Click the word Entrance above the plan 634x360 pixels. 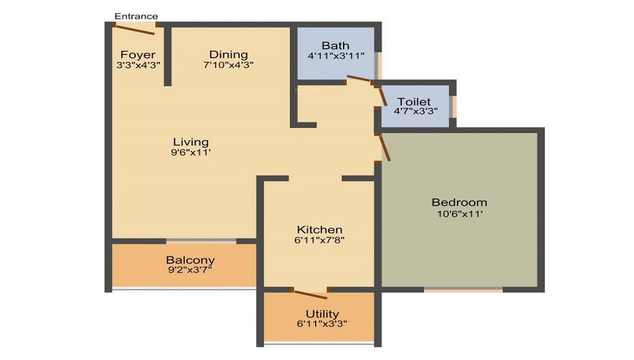pos(136,16)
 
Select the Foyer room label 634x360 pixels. pos(138,55)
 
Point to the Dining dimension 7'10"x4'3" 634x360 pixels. pos(228,65)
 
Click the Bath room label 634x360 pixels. pos(335,46)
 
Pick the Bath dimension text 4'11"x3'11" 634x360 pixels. pos(335,56)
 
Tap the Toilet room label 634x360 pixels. pos(413,101)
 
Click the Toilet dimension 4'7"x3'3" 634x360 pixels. pos(416,111)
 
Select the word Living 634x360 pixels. pos(191,142)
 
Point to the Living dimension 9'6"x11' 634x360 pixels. pos(191,153)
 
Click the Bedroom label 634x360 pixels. pos(459,202)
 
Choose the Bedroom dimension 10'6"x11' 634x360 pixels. pos(460,214)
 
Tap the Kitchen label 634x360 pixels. pos(320,229)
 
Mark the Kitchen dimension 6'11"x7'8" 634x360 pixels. pos(320,240)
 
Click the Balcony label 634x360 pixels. pos(190,260)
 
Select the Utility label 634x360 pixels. pos(322,314)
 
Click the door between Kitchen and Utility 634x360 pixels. pos(311,295)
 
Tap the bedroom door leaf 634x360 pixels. pos(385,148)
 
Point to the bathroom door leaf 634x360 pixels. pos(359,79)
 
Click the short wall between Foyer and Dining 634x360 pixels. pos(168,56)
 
